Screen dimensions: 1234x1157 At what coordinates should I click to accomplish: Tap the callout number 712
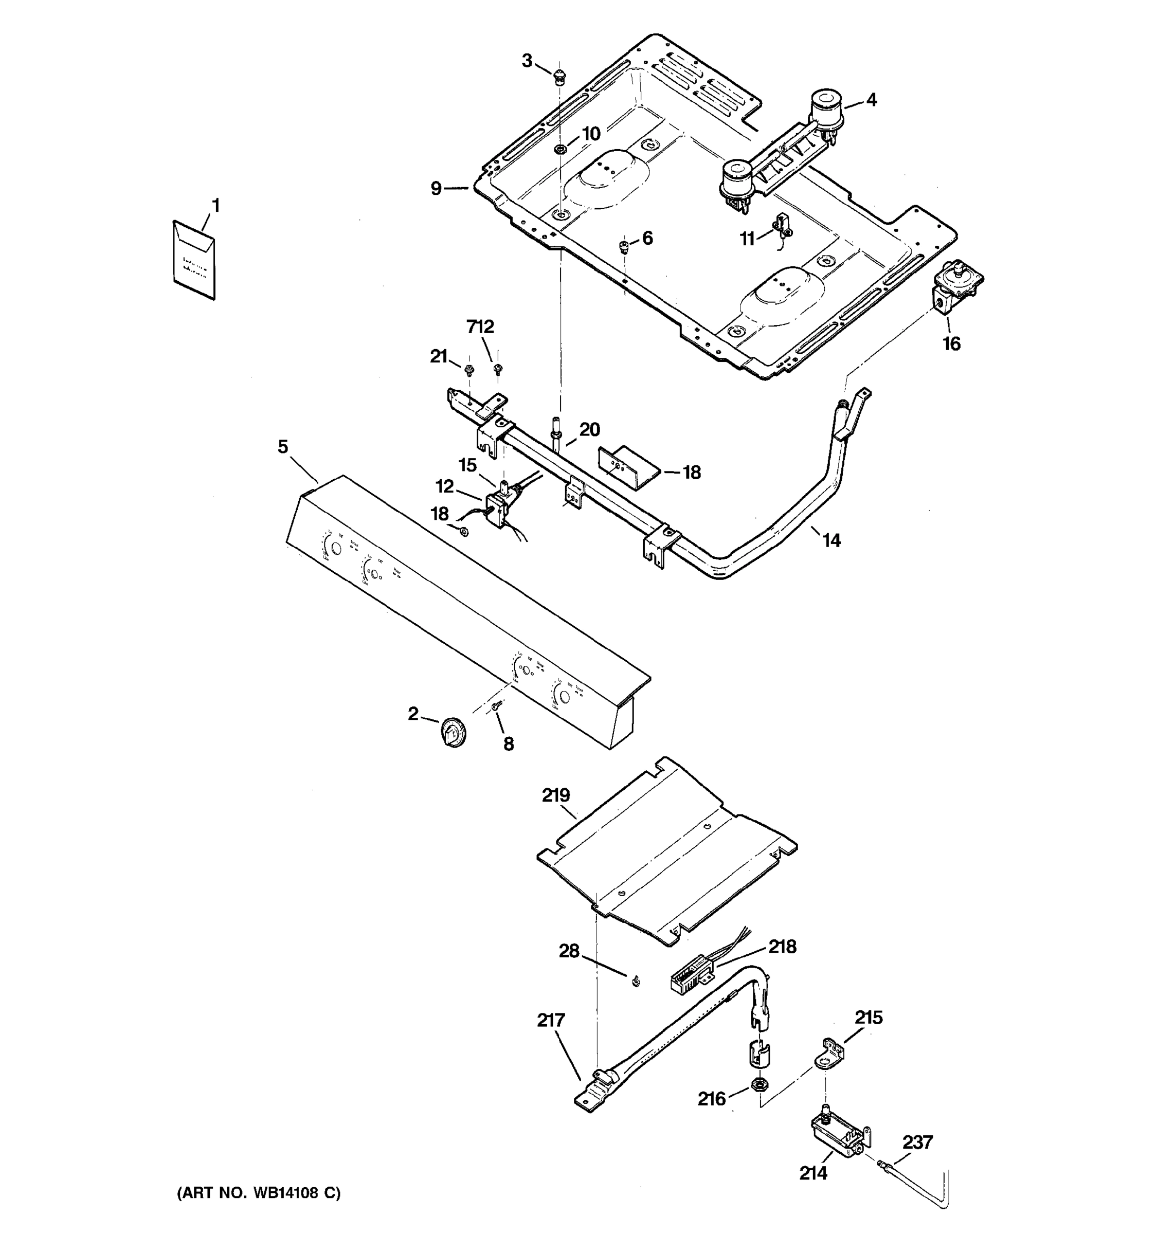(x=480, y=326)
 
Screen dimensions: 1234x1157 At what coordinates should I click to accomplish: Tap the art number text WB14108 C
(x=259, y=1193)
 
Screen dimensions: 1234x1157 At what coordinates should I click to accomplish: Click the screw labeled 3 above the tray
(x=560, y=78)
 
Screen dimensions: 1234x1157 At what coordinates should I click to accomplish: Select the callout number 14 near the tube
(x=831, y=541)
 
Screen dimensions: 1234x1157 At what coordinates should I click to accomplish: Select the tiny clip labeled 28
(x=635, y=982)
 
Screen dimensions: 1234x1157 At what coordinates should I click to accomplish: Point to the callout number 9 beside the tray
(x=437, y=188)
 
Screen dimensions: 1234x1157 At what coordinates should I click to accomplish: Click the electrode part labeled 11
(x=783, y=227)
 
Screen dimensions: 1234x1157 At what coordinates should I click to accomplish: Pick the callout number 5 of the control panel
(x=283, y=446)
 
